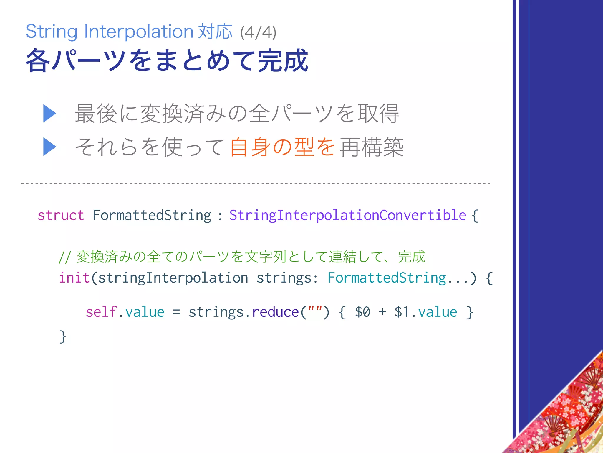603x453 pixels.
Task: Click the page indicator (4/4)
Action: pos(258,32)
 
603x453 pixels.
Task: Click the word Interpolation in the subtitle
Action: pos(139,31)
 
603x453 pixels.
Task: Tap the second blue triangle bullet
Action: pos(49,147)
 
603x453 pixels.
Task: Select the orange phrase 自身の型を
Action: pos(282,147)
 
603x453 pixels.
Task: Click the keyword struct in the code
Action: pos(61,215)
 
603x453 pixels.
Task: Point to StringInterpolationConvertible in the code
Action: pos(348,215)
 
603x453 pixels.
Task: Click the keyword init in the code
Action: pos(74,278)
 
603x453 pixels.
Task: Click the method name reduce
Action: pos(275,312)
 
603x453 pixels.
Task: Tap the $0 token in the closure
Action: pos(362,312)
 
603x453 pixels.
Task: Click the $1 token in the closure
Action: pos(402,312)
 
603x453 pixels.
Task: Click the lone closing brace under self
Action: pos(62,337)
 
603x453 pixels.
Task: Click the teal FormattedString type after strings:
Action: pos(387,278)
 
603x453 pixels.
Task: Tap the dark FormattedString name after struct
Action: pos(152,215)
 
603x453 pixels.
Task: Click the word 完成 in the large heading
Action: pos(283,61)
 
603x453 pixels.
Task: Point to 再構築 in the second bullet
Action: pos(372,147)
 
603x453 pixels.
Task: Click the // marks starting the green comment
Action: pos(64,257)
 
